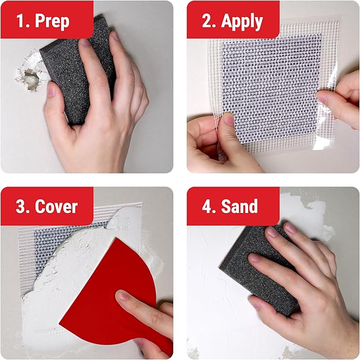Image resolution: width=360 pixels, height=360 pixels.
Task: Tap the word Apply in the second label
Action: click(242, 21)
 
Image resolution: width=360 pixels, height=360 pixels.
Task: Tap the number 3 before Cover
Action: click(20, 206)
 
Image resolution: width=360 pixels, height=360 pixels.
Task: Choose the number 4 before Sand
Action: click(207, 206)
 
